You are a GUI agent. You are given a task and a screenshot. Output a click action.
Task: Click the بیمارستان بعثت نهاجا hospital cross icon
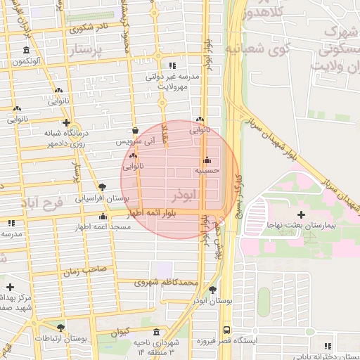pos(302,214)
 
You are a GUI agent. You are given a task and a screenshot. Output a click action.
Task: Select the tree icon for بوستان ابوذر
pos(213,290)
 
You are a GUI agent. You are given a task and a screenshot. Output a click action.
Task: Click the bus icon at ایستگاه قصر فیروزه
pos(226,329)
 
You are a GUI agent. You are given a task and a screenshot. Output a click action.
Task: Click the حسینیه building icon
pos(206,160)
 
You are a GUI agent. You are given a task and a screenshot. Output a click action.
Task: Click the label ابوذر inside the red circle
pos(184,193)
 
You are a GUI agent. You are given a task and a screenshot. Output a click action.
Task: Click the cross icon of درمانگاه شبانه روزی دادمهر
pos(65,122)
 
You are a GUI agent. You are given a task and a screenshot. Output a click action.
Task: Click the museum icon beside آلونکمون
pos(26,50)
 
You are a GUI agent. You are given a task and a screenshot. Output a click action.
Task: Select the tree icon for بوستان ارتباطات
pos(61,328)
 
